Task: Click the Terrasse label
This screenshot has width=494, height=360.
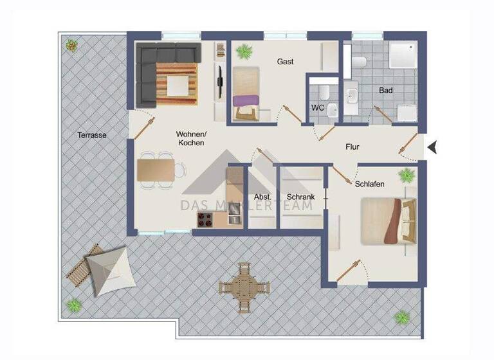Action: coord(92,136)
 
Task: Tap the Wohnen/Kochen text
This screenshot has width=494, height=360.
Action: coord(190,138)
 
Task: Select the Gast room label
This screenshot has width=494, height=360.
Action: coord(286,62)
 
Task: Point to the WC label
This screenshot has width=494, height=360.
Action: coord(318,107)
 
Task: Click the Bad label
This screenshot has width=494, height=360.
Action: coord(386,91)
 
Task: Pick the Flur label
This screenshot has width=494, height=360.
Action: coord(352,147)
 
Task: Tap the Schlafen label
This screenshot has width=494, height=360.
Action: coord(370,184)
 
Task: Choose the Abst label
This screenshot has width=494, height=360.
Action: coord(262,197)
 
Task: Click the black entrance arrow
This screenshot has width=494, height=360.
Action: coord(433,147)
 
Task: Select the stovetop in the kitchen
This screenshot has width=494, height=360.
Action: coord(205,219)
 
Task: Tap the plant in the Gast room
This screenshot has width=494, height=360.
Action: coord(244,51)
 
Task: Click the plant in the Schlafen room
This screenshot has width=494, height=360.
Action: coord(406,175)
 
